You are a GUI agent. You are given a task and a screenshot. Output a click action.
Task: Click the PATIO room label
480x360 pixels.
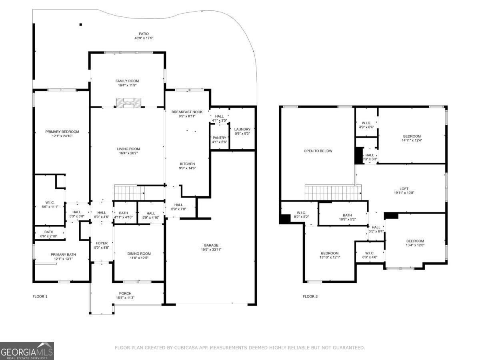pyautogui.click(x=144, y=34)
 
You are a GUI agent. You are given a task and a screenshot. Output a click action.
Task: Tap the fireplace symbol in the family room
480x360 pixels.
pyautogui.click(x=128, y=103)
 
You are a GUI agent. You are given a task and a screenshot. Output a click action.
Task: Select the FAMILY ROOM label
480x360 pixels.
pyautogui.click(x=127, y=81)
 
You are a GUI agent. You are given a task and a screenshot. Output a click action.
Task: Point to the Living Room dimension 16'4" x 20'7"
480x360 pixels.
pyautogui.click(x=128, y=153)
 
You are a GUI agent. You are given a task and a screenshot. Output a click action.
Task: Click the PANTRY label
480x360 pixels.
pyautogui.click(x=219, y=138)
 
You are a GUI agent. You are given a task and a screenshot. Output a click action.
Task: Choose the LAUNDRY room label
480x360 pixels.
pyautogui.click(x=242, y=129)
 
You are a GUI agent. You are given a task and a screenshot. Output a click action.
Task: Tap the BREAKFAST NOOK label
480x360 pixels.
pyautogui.click(x=187, y=112)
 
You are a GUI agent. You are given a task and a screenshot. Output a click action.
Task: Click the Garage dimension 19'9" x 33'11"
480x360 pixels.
pyautogui.click(x=211, y=250)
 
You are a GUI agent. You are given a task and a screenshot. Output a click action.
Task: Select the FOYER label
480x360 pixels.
pyautogui.click(x=102, y=243)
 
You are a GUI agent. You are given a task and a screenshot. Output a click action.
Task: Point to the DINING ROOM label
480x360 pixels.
pyautogui.click(x=139, y=254)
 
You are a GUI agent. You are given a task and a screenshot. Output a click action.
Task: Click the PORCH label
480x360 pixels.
pyautogui.click(x=125, y=294)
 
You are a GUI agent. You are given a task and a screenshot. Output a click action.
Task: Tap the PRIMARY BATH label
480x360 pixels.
pyautogui.click(x=63, y=255)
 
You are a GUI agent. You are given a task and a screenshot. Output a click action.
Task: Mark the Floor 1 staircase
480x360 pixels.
pyautogui.click(x=129, y=192)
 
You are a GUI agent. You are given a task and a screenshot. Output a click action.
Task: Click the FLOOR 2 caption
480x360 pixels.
pyautogui.click(x=310, y=296)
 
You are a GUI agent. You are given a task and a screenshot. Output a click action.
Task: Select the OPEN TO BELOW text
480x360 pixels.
pyautogui.click(x=318, y=151)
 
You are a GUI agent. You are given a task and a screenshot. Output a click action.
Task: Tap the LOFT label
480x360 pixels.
pyautogui.click(x=404, y=189)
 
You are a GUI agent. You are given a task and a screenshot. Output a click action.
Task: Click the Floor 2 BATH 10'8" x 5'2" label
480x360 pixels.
pyautogui.click(x=347, y=217)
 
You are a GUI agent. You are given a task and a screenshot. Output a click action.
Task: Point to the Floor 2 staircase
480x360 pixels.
pyautogui.click(x=333, y=192)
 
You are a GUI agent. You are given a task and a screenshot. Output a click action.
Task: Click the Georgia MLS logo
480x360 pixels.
pyautogui.click(x=27, y=351)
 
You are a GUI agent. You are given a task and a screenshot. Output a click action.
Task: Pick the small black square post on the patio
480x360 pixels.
pyautogui.click(x=81, y=24)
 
